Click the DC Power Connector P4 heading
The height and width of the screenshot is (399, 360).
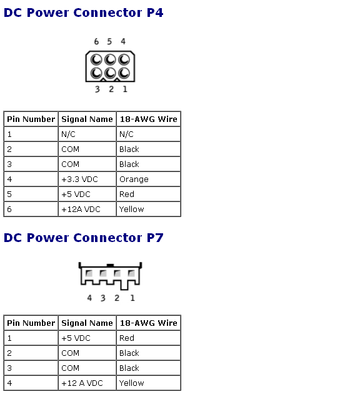83,13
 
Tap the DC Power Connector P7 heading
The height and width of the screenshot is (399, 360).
83,238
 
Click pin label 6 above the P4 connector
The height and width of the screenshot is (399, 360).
96,41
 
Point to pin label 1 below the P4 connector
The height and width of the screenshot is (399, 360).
125,89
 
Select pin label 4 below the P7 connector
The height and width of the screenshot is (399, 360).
89,298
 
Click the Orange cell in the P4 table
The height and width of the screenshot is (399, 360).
134,179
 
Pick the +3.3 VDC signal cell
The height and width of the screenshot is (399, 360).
79,179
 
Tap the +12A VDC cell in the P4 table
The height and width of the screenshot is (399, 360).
81,209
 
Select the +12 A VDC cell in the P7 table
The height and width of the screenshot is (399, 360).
82,383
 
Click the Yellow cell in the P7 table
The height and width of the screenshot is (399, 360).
131,383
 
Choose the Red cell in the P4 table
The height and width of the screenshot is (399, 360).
127,194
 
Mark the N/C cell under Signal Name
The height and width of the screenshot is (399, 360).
68,134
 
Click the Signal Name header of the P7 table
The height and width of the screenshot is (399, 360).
87,323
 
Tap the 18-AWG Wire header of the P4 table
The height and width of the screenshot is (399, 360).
149,119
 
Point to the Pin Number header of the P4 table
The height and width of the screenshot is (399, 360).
31,119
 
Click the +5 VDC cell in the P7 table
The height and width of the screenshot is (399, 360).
76,338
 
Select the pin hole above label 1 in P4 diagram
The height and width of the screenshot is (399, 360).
124,73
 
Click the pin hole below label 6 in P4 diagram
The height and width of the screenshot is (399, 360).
96,60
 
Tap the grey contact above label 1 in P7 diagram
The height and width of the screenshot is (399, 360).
131,273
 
